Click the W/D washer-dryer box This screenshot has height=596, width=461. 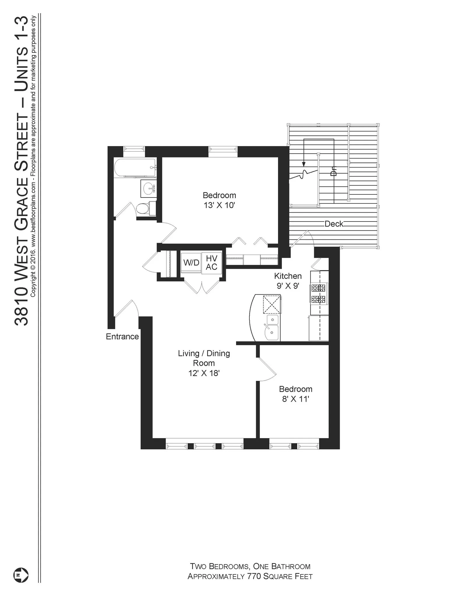[x=191, y=262]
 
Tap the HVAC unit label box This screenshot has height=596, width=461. [x=212, y=262]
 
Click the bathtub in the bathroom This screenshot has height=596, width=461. [x=135, y=168]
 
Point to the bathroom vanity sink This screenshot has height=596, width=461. [x=149, y=188]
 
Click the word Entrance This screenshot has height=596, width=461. [x=122, y=337]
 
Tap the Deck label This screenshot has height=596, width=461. [x=334, y=224]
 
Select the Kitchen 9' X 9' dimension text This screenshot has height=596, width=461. [x=288, y=286]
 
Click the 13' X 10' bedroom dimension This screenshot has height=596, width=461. [x=219, y=205]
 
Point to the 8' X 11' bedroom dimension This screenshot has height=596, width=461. [x=295, y=399]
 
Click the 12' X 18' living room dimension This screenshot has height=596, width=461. [x=204, y=373]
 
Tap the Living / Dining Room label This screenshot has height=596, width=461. [x=204, y=358]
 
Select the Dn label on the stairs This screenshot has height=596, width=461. [x=334, y=171]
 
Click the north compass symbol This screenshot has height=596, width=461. [x=21, y=575]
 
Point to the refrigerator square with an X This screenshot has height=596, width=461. [x=272, y=304]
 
